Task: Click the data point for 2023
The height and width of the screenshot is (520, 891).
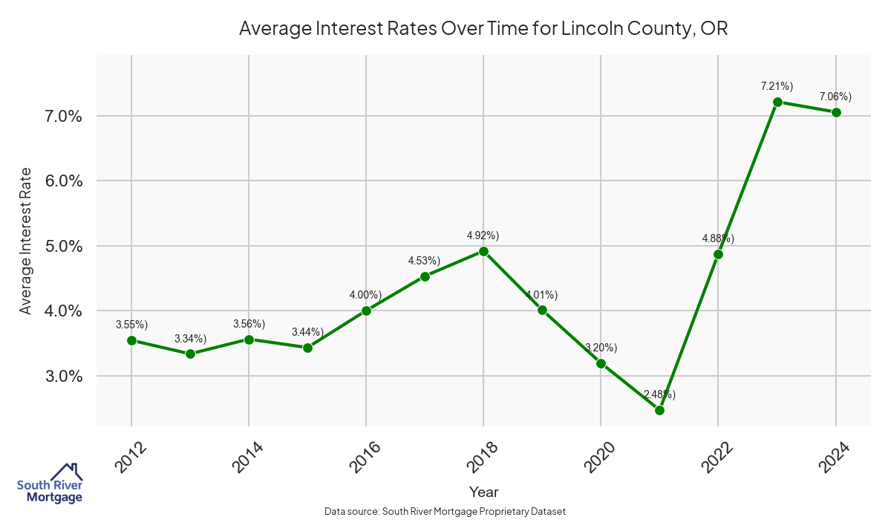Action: [x=777, y=102]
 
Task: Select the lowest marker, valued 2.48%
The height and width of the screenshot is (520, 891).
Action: [x=659, y=410]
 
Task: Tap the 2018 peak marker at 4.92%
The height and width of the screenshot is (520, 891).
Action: [x=483, y=251]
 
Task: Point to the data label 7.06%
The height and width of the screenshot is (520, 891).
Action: [x=835, y=97]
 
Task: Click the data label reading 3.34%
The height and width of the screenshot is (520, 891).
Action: [x=190, y=339]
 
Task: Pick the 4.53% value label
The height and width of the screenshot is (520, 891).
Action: [x=424, y=261]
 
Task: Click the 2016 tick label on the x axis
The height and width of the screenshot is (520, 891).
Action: [x=363, y=456]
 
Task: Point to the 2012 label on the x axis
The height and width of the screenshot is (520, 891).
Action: [x=128, y=456]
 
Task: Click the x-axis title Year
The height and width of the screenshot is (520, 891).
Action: [x=483, y=492]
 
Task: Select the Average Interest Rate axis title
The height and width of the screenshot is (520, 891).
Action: [x=26, y=241]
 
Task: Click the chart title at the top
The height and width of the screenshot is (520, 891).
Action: [x=483, y=29]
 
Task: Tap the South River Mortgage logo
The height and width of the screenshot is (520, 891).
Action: [x=50, y=483]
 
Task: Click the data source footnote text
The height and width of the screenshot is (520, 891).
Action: [x=446, y=511]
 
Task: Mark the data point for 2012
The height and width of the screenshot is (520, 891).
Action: [x=131, y=340]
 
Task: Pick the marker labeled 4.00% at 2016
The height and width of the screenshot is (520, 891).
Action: [x=366, y=311]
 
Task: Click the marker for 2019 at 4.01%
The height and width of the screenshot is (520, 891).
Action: [x=542, y=310]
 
